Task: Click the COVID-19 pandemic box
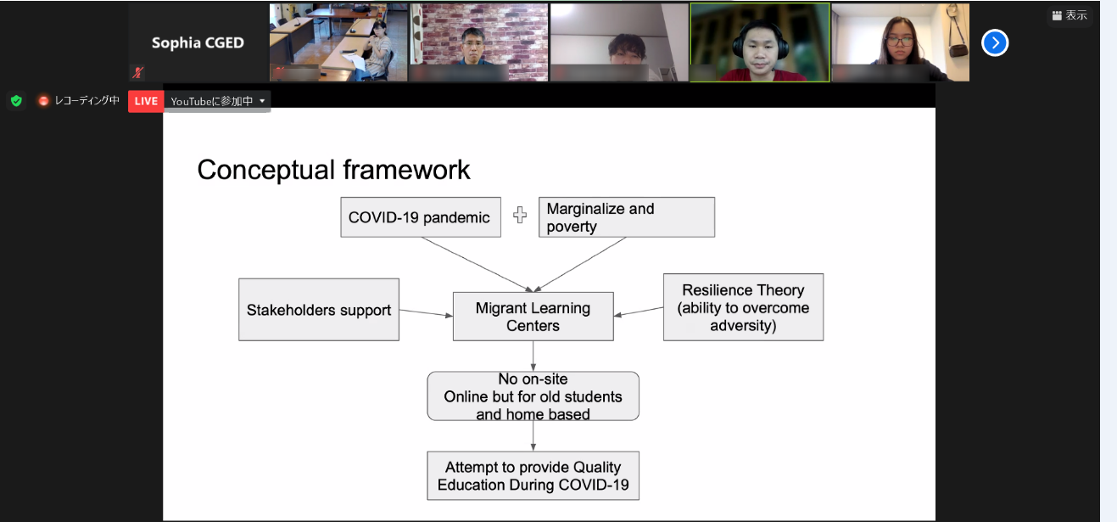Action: [421, 217]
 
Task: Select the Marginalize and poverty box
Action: [626, 217]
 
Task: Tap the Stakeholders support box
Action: [319, 310]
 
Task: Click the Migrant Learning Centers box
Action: [533, 317]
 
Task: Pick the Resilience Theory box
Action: [743, 307]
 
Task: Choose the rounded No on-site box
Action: [533, 396]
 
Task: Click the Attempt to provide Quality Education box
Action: [533, 475]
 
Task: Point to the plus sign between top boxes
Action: [520, 215]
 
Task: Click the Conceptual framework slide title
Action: [333, 170]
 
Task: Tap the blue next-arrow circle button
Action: [995, 43]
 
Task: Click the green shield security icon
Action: [16, 101]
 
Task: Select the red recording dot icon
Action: [43, 101]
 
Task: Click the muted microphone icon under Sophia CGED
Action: [137, 72]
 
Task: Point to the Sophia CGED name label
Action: [198, 43]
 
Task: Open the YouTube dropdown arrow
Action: [262, 101]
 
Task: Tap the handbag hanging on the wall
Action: [957, 50]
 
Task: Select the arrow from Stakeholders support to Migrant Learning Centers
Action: [426, 313]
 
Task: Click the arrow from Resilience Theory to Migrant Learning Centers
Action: [639, 312]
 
